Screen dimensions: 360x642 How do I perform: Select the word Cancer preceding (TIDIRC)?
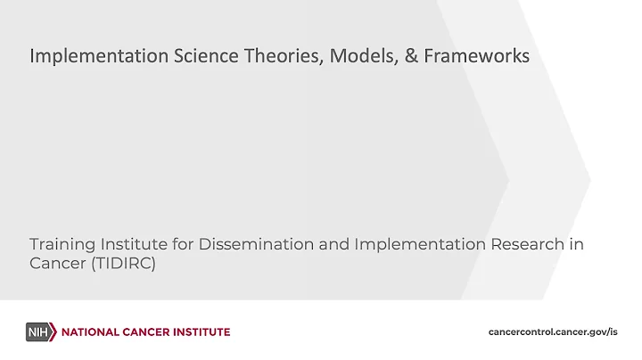[x=55, y=265]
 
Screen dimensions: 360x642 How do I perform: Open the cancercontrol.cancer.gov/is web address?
[x=553, y=332]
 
